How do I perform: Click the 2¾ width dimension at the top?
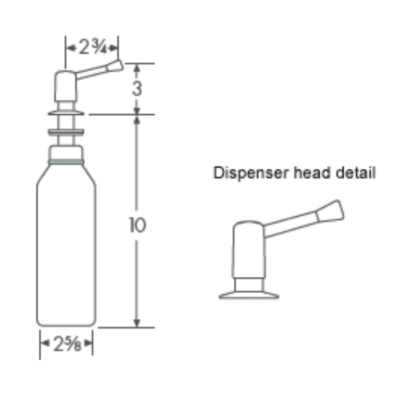click(92, 47)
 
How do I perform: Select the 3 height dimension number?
click(137, 88)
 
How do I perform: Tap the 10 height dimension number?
click(137, 225)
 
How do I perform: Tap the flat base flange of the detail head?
click(249, 295)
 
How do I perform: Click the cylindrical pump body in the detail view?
click(248, 250)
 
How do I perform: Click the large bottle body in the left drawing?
click(66, 250)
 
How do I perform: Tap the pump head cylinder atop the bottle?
click(66, 87)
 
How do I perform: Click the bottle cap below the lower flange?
click(66, 153)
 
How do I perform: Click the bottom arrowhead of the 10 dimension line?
click(137, 323)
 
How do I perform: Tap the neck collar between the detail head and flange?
click(248, 285)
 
